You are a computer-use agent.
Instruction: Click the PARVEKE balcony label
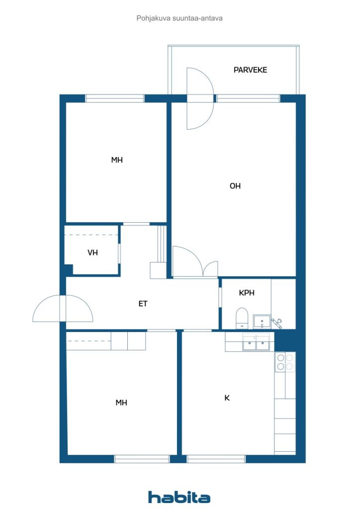pos(250,70)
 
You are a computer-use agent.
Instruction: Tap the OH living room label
pos(235,186)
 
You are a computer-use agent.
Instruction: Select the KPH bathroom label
pos(247,293)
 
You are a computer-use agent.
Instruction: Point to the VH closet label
pos(92,253)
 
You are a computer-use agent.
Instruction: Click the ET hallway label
pos(143,303)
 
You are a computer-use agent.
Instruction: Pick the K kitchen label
pos(227,398)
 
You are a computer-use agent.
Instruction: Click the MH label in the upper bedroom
pos(117,160)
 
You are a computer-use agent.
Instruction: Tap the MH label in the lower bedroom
pos(121,403)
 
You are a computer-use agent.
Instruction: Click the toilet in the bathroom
pos(242,318)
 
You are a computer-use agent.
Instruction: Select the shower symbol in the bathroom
pos(276,323)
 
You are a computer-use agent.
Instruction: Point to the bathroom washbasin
pos(261,322)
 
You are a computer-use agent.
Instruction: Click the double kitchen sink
pos(256,343)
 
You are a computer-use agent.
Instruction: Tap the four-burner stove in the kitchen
pos(285,361)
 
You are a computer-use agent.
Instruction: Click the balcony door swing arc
pos(200,98)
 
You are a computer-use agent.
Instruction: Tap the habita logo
pos(179,497)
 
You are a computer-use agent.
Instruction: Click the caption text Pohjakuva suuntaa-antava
pos(180,18)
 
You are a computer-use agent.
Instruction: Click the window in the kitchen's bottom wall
pos(216,459)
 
